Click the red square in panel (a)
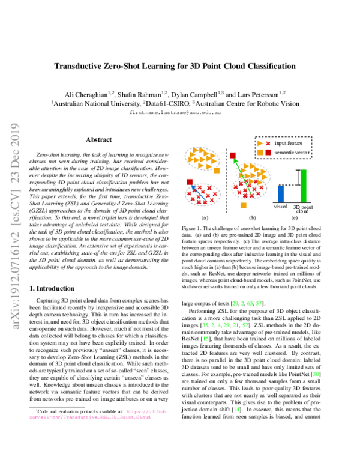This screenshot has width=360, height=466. pyautogui.click(x=190, y=182)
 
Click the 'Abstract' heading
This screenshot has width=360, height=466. pyautogui.click(x=98, y=139)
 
